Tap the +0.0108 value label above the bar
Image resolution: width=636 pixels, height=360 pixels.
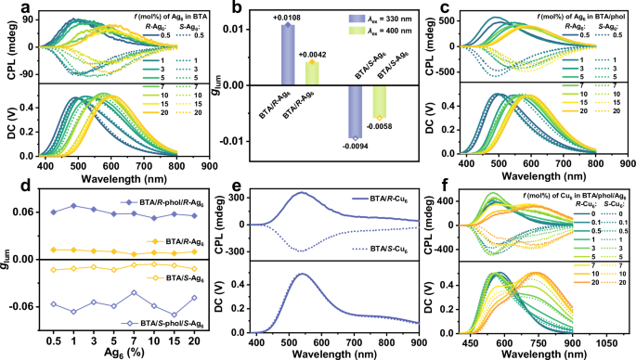[262, 18]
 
